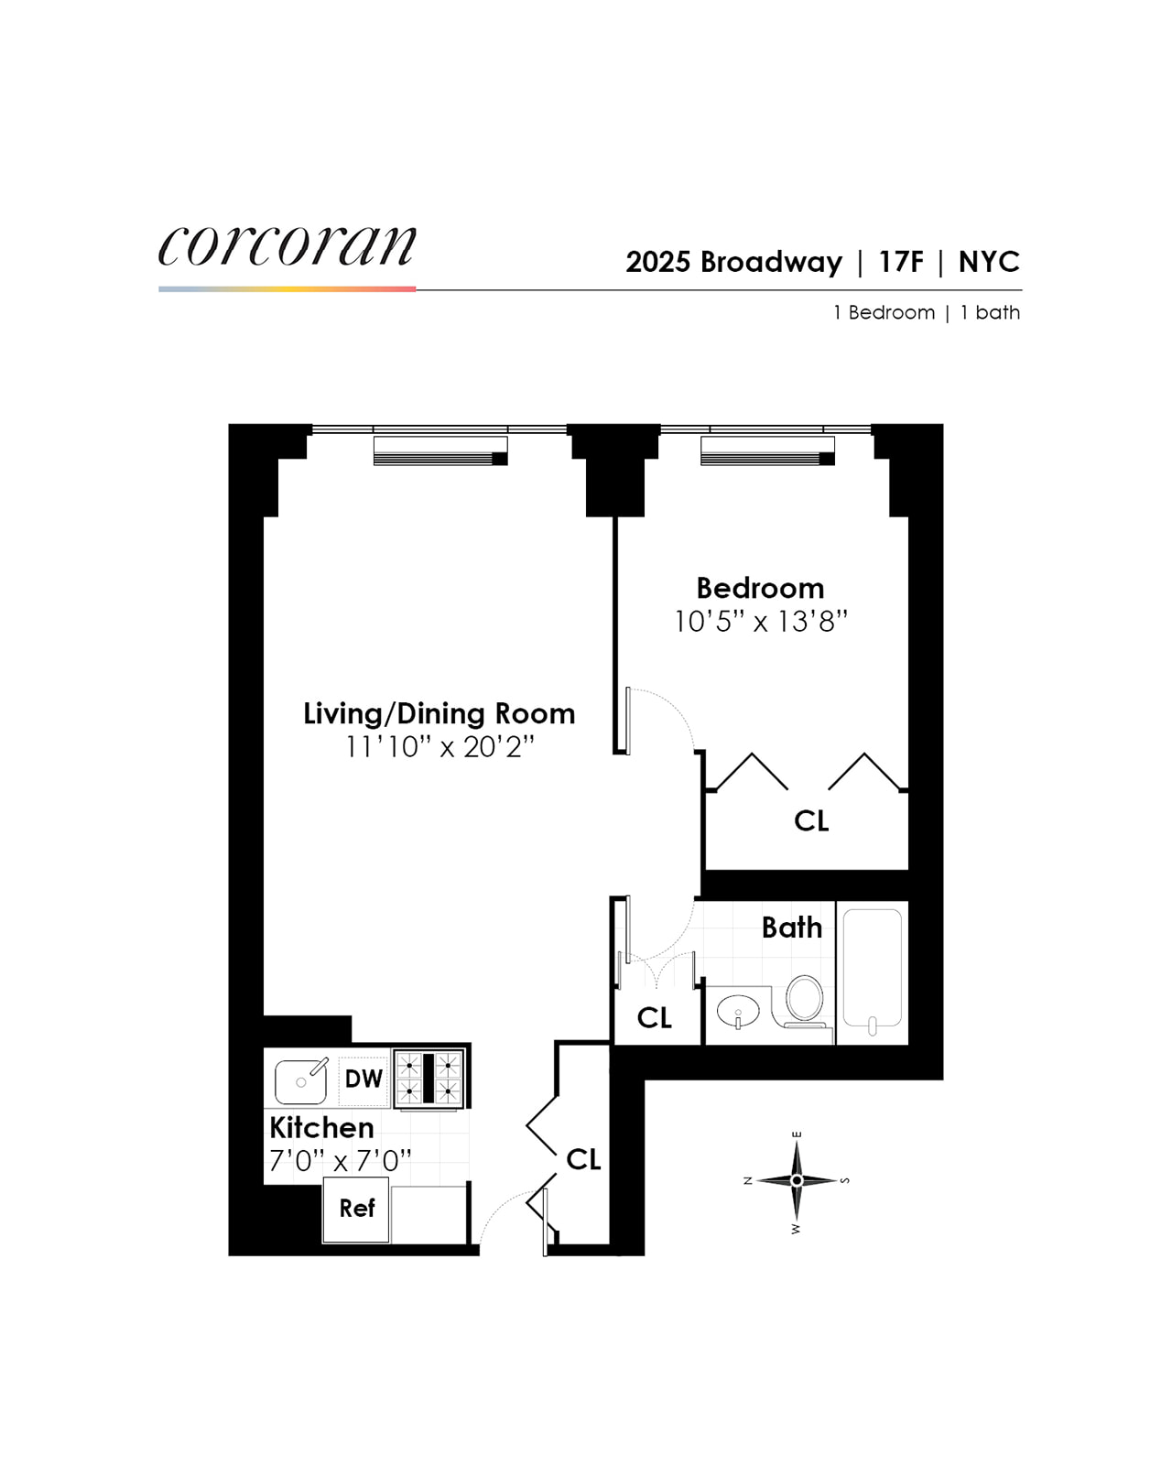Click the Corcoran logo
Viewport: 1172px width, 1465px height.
[x=287, y=247]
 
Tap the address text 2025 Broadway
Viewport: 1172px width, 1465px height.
[x=733, y=262]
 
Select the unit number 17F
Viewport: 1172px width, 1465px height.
[x=901, y=262]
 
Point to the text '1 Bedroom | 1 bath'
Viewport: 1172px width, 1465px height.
[x=926, y=312]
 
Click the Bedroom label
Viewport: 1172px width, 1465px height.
[x=760, y=588]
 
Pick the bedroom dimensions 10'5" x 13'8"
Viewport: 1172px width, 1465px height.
[x=760, y=622]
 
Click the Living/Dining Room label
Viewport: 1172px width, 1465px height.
[x=439, y=713]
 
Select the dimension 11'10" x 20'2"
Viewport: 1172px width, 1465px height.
[x=439, y=747]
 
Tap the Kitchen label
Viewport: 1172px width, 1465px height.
[x=321, y=1127]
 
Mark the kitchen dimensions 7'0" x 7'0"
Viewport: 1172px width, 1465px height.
[x=340, y=1161]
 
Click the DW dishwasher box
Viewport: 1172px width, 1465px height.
[x=364, y=1079]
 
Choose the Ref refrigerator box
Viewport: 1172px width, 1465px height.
[x=356, y=1209]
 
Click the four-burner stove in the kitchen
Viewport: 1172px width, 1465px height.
[x=429, y=1079]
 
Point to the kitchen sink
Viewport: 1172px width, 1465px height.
[x=300, y=1081]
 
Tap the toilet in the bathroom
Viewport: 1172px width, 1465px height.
[x=803, y=1000]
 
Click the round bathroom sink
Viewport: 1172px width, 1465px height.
[x=737, y=1013]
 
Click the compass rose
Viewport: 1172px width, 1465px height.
[x=797, y=1181]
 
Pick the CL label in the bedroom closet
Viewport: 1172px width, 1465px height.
[x=811, y=820]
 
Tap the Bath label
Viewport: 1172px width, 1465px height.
[x=792, y=928]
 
